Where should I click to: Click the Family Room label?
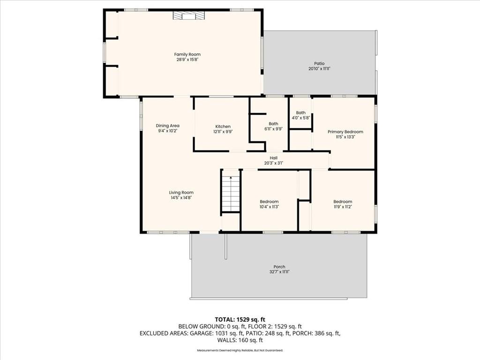click(x=187, y=54)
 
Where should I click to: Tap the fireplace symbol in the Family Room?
click(x=188, y=15)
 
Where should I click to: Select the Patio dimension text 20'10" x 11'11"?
click(x=319, y=69)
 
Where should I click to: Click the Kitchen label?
click(x=223, y=127)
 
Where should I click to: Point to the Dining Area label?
click(x=167, y=126)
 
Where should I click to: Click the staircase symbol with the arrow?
click(x=231, y=194)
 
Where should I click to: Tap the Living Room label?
click(x=181, y=193)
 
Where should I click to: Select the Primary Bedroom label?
click(x=345, y=132)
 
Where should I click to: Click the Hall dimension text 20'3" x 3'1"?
click(x=274, y=163)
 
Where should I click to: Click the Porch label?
click(x=279, y=267)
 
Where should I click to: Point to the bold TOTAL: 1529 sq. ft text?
click(x=240, y=320)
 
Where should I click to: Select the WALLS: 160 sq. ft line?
click(x=240, y=340)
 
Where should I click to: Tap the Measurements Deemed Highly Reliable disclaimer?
click(x=240, y=350)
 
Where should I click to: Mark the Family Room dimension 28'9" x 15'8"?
click(x=187, y=60)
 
